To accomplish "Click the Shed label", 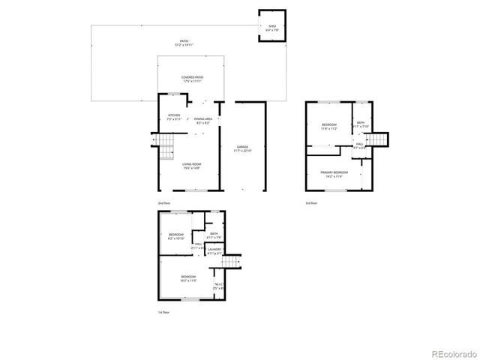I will (271, 28).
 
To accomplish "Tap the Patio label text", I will (183, 43).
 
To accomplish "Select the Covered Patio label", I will (192, 79).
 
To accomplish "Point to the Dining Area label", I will (203, 120).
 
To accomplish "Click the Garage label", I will (243, 148).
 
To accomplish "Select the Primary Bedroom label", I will (334, 174).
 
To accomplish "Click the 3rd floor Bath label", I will (361, 124).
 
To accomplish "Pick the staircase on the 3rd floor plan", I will (382, 139).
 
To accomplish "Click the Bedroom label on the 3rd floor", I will (329, 126).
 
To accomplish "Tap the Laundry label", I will (214, 251).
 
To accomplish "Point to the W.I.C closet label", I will (219, 286).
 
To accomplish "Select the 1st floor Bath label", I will (214, 236).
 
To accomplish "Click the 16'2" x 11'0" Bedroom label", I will (188, 278).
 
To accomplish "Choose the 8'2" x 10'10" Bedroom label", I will (176, 237).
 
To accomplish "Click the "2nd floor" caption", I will (163, 203).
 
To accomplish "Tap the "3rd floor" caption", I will (311, 203).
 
